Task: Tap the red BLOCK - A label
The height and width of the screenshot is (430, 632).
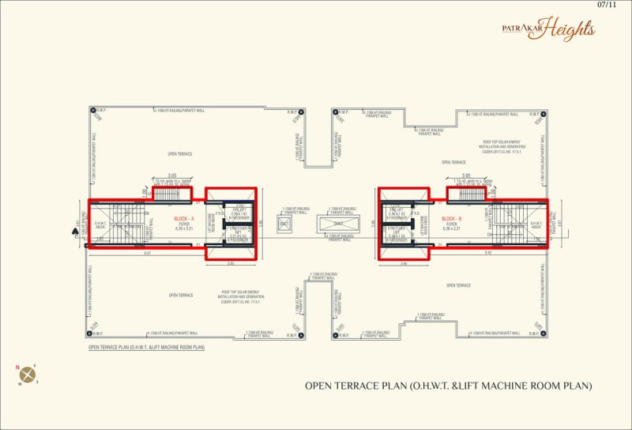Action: pos(184,218)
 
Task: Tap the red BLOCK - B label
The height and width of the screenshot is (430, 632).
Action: pos(452,218)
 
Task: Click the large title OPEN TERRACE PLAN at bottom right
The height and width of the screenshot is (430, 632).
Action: pos(448,386)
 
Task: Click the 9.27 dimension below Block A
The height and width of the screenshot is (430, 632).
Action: pos(148,253)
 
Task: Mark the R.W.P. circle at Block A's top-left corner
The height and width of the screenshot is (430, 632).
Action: pos(92,111)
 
